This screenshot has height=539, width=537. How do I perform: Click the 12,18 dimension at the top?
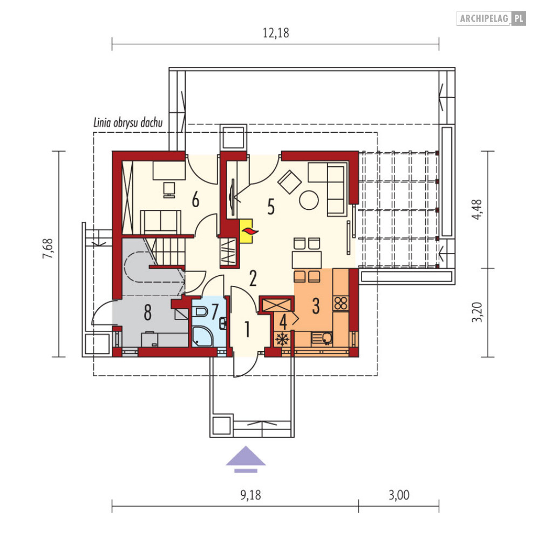(x=276, y=33)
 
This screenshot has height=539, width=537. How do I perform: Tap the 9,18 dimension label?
(x=250, y=495)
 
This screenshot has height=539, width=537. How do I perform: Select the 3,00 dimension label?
(x=399, y=495)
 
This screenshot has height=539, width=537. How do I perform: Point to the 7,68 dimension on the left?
(x=48, y=249)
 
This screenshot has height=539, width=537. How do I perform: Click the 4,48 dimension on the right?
(x=477, y=209)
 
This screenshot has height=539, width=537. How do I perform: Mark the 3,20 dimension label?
(x=477, y=312)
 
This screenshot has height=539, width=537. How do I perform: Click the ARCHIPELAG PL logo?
(x=491, y=18)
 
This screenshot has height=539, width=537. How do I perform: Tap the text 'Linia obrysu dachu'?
(x=128, y=122)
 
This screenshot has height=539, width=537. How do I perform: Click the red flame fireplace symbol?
(x=249, y=231)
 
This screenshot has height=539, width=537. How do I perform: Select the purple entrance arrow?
(x=246, y=459)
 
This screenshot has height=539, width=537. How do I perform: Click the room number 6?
(x=195, y=200)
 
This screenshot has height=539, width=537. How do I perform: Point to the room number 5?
(x=271, y=207)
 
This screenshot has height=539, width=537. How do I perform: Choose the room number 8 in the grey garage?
(x=147, y=313)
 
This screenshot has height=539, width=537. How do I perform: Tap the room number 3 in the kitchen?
(x=316, y=306)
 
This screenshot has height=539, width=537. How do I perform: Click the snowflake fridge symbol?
(x=282, y=339)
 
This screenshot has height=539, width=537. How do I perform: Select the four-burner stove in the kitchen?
(x=341, y=303)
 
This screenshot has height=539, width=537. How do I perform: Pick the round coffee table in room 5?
(x=309, y=200)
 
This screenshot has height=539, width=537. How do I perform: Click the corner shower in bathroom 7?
(x=202, y=337)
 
